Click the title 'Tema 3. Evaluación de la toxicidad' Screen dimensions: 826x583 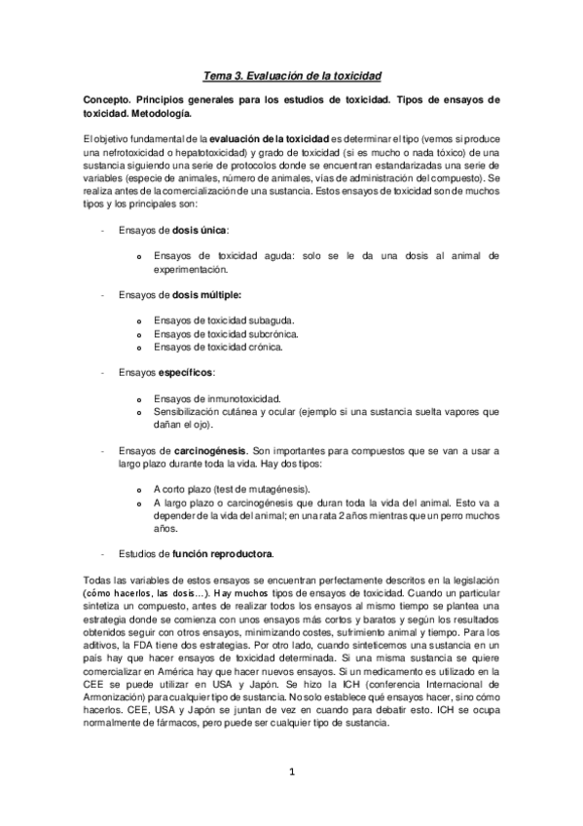292,74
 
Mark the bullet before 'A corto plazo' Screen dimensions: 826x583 140,489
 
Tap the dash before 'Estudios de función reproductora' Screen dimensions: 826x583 103,553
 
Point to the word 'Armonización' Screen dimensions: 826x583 120,695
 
